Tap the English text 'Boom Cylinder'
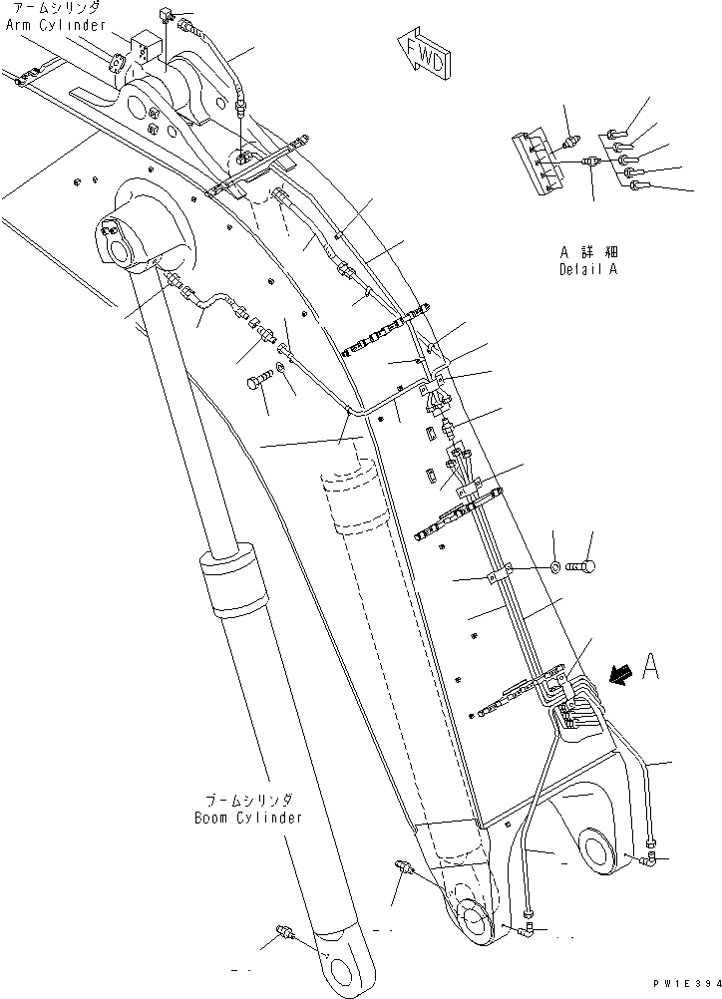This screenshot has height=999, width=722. coord(248,818)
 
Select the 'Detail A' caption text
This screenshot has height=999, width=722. coord(588,270)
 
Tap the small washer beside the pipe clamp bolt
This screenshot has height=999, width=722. coord(553,567)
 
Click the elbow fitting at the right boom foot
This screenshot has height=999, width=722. coord(650,854)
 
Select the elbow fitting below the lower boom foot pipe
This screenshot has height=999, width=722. coord(526,929)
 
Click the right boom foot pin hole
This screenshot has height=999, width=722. coord(600,850)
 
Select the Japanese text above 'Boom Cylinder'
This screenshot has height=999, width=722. coord(248,801)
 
